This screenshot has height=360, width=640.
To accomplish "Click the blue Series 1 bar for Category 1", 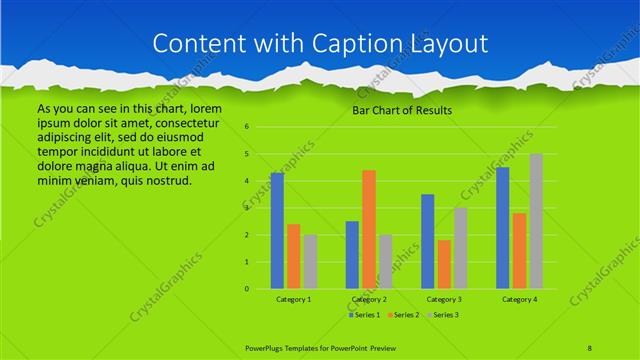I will (277, 231).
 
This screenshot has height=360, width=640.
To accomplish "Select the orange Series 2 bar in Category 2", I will (369, 229).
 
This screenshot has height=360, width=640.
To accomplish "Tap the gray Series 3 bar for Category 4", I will (536, 221).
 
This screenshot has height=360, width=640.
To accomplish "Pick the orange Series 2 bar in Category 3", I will (444, 264).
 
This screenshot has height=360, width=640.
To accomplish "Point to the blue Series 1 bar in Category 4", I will (503, 228).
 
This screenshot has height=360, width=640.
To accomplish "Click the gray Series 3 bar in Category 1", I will (310, 262).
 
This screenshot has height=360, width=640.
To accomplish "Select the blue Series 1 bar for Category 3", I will (428, 241).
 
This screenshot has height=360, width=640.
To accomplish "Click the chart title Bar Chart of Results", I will (403, 110).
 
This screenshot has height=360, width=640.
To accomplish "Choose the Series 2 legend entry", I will (403, 315).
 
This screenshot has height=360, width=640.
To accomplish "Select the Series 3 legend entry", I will (443, 315).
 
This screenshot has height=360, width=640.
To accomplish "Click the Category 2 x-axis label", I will (369, 299).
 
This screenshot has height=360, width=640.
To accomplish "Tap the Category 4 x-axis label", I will (519, 299).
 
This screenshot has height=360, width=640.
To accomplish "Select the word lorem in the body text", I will (203, 108).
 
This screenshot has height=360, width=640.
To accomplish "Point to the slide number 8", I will (590, 347).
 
